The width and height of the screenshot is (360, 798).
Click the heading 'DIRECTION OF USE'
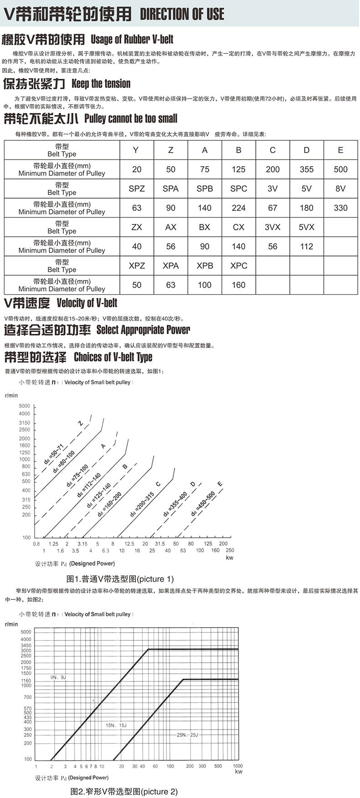click(182, 14)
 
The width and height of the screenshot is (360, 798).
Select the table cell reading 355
click(306, 169)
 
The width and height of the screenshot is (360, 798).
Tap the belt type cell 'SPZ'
click(137, 189)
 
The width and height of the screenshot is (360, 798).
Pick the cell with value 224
click(238, 208)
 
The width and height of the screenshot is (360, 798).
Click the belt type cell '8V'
click(340, 189)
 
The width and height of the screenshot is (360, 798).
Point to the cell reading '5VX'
click(306, 227)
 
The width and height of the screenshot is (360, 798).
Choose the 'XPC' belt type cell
click(238, 266)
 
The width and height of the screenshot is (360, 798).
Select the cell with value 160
click(238, 285)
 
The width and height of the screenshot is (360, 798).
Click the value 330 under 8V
click(340, 208)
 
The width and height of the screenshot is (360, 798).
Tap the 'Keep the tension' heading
click(101, 84)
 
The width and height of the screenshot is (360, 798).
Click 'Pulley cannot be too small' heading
click(131, 119)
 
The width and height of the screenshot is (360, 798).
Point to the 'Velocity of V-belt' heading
click(87, 303)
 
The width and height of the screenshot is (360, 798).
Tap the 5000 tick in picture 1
click(25, 406)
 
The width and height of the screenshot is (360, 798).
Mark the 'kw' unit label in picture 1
click(229, 558)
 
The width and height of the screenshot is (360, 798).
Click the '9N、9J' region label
click(58, 677)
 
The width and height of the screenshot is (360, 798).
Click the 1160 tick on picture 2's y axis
click(26, 680)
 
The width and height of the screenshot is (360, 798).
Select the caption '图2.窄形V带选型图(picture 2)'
click(124, 792)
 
